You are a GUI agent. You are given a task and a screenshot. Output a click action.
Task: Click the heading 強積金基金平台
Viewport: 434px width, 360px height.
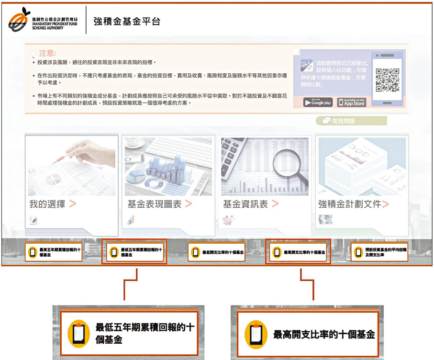pyautogui.click(x=127, y=22)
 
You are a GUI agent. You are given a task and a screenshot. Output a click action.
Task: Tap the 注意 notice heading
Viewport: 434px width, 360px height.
pyautogui.click(x=48, y=53)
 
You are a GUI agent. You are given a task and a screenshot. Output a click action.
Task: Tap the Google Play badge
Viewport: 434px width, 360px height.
pyautogui.click(x=317, y=102)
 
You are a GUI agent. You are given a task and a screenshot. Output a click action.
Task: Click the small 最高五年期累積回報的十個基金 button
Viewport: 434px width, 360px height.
pyautogui.click(x=54, y=252)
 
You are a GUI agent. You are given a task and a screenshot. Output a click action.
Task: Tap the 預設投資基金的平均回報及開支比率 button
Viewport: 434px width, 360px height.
pyautogui.click(x=379, y=252)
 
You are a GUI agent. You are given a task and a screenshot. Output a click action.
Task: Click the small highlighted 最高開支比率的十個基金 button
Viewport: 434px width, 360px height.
pyautogui.click(x=298, y=252)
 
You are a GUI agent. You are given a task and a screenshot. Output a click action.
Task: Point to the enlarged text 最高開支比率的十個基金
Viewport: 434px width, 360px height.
pyautogui.click(x=323, y=335)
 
